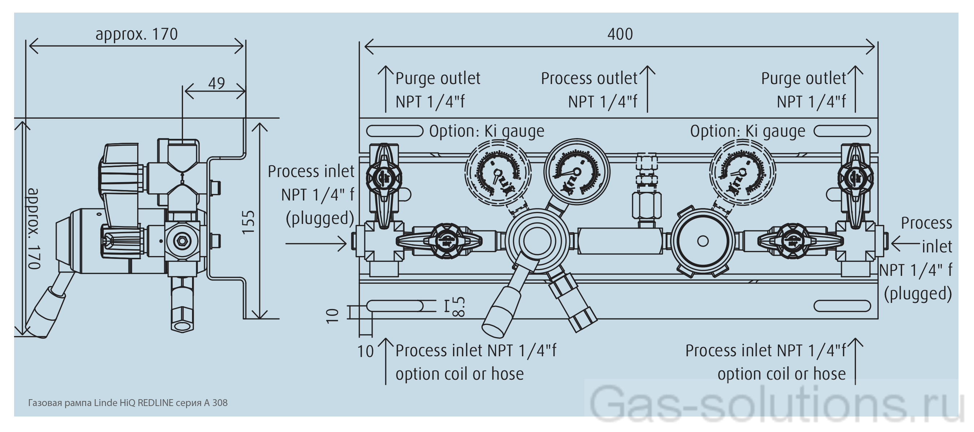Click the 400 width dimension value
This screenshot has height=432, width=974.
[x=620, y=34]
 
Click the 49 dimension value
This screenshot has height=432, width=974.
[x=216, y=83]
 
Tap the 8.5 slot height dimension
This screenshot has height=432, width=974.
[x=458, y=306]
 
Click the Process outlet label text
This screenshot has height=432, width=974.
[x=589, y=79]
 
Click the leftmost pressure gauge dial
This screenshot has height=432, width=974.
[x=497, y=173]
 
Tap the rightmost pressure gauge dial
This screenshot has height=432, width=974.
[x=742, y=173]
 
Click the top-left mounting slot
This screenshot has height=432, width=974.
[x=394, y=131]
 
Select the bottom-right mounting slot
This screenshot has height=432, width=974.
[x=842, y=306]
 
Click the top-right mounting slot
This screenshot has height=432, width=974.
[x=842, y=131]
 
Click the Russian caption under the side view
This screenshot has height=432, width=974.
[x=128, y=403]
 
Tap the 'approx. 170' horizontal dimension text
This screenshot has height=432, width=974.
[x=136, y=34]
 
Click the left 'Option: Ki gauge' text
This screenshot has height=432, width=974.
[x=487, y=131]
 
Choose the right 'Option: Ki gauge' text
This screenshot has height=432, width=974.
[x=747, y=131]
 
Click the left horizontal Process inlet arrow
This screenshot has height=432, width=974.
[x=316, y=243]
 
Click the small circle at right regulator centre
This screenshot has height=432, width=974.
[x=703, y=241]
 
